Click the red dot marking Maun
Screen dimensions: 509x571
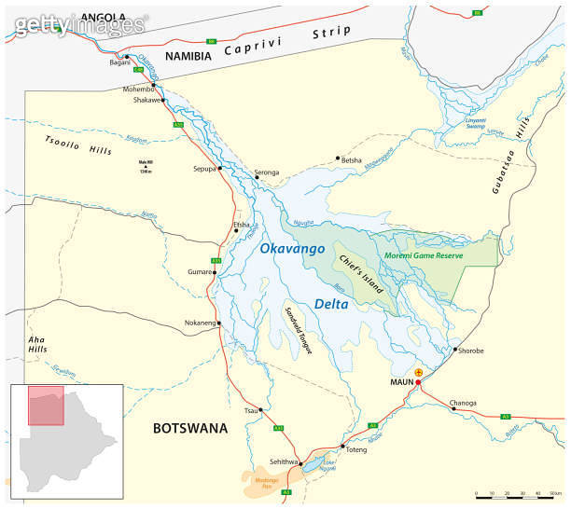[x=418, y=382]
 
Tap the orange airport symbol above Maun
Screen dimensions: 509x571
[x=418, y=372]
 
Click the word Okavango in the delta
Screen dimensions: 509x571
[x=292, y=249]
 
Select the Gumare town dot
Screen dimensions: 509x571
[x=215, y=272]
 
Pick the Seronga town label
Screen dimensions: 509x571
[x=267, y=172]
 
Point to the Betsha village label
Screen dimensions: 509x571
[x=351, y=160]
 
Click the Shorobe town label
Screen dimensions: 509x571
[x=467, y=351]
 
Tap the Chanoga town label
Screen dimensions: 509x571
[x=464, y=403]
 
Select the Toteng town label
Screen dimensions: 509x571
[x=357, y=449]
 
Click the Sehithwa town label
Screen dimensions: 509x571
[x=283, y=461]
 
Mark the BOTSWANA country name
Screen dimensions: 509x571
[x=190, y=428]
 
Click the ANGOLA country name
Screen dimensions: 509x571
[x=103, y=17]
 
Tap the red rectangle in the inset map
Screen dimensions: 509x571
[x=46, y=406]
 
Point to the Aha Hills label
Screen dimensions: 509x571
[x=37, y=343]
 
